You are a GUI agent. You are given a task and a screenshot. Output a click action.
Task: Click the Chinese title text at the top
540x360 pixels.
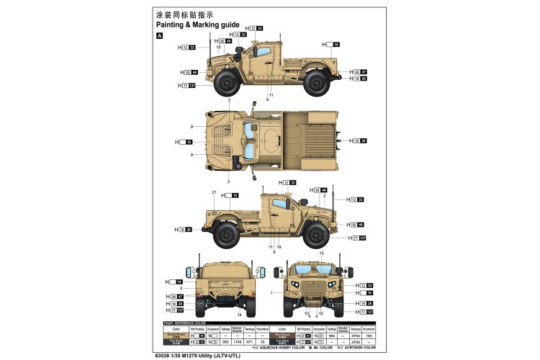coord(184,14)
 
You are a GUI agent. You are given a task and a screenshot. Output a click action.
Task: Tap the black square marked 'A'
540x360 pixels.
coord(160,35)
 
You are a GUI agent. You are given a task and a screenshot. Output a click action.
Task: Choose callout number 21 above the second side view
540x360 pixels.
coord(215,192)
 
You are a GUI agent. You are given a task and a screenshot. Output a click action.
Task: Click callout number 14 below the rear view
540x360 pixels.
coord(239,315)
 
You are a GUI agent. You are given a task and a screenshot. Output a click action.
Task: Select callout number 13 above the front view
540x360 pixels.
coord(322,254)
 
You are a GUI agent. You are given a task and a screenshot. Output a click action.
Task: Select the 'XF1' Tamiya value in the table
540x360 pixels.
coord(248,341)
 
